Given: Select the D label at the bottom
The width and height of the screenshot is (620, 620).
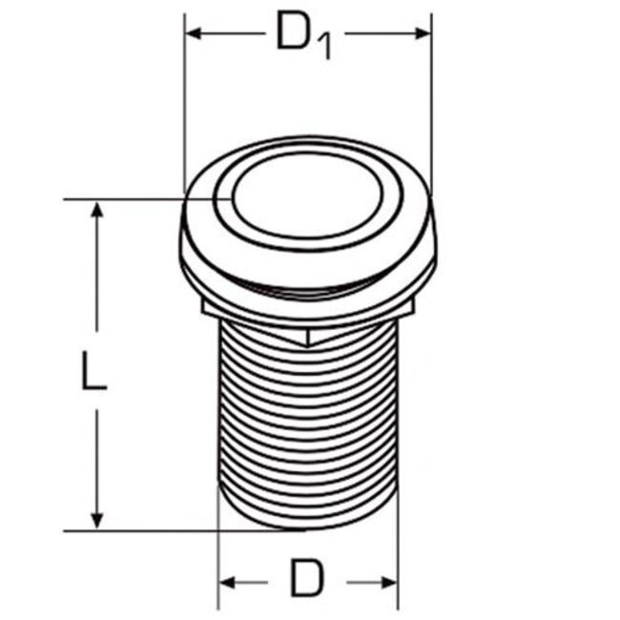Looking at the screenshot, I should click(307, 579).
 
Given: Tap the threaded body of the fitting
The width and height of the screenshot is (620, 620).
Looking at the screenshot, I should click(307, 420).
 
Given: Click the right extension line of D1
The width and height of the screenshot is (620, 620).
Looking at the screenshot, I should click(431, 105).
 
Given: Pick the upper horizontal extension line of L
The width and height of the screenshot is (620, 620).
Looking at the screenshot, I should click(134, 199).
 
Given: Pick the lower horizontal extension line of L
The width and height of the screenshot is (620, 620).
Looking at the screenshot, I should click(153, 529).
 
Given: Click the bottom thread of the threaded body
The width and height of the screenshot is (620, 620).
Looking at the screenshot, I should click(307, 515).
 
